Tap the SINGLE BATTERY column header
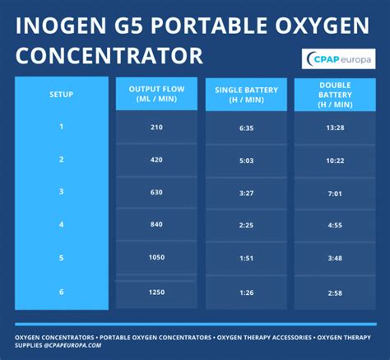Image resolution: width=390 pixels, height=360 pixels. pos(244,93)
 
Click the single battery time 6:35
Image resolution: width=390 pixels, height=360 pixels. pos(244,128)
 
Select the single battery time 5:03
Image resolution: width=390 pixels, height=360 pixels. pos(244,160)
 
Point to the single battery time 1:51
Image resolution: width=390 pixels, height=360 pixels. pos(244,258)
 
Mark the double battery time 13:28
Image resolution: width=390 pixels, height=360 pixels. pos(333,128)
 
